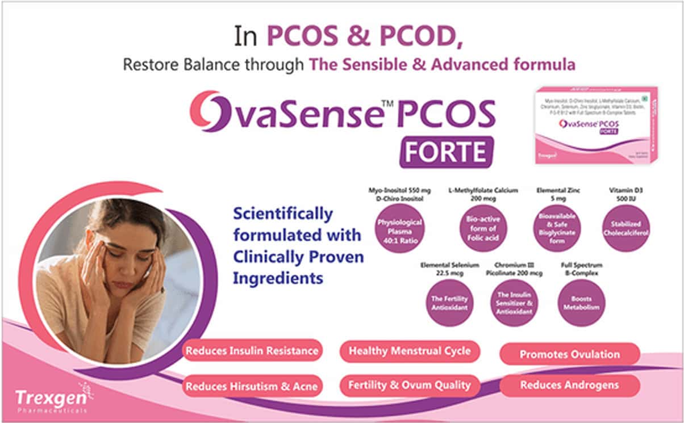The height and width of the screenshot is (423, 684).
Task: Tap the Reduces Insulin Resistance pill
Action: (x=252, y=351)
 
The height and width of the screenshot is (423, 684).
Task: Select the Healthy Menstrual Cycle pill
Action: (x=410, y=351)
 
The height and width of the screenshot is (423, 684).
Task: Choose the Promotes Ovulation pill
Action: (x=569, y=354)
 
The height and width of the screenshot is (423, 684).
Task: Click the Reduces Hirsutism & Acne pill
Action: (x=252, y=386)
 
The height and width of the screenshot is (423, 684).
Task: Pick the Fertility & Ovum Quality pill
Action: (x=410, y=386)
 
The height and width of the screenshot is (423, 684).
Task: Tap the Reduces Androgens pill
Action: (x=569, y=386)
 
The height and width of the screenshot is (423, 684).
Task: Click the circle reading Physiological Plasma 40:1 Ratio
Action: (x=399, y=228)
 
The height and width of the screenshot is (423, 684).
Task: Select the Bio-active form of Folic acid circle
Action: (x=483, y=228)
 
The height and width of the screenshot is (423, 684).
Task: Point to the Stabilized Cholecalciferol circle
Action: (x=625, y=228)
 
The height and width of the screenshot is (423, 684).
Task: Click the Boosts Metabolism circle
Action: (x=581, y=303)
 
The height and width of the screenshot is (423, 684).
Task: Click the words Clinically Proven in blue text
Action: (x=298, y=257)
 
